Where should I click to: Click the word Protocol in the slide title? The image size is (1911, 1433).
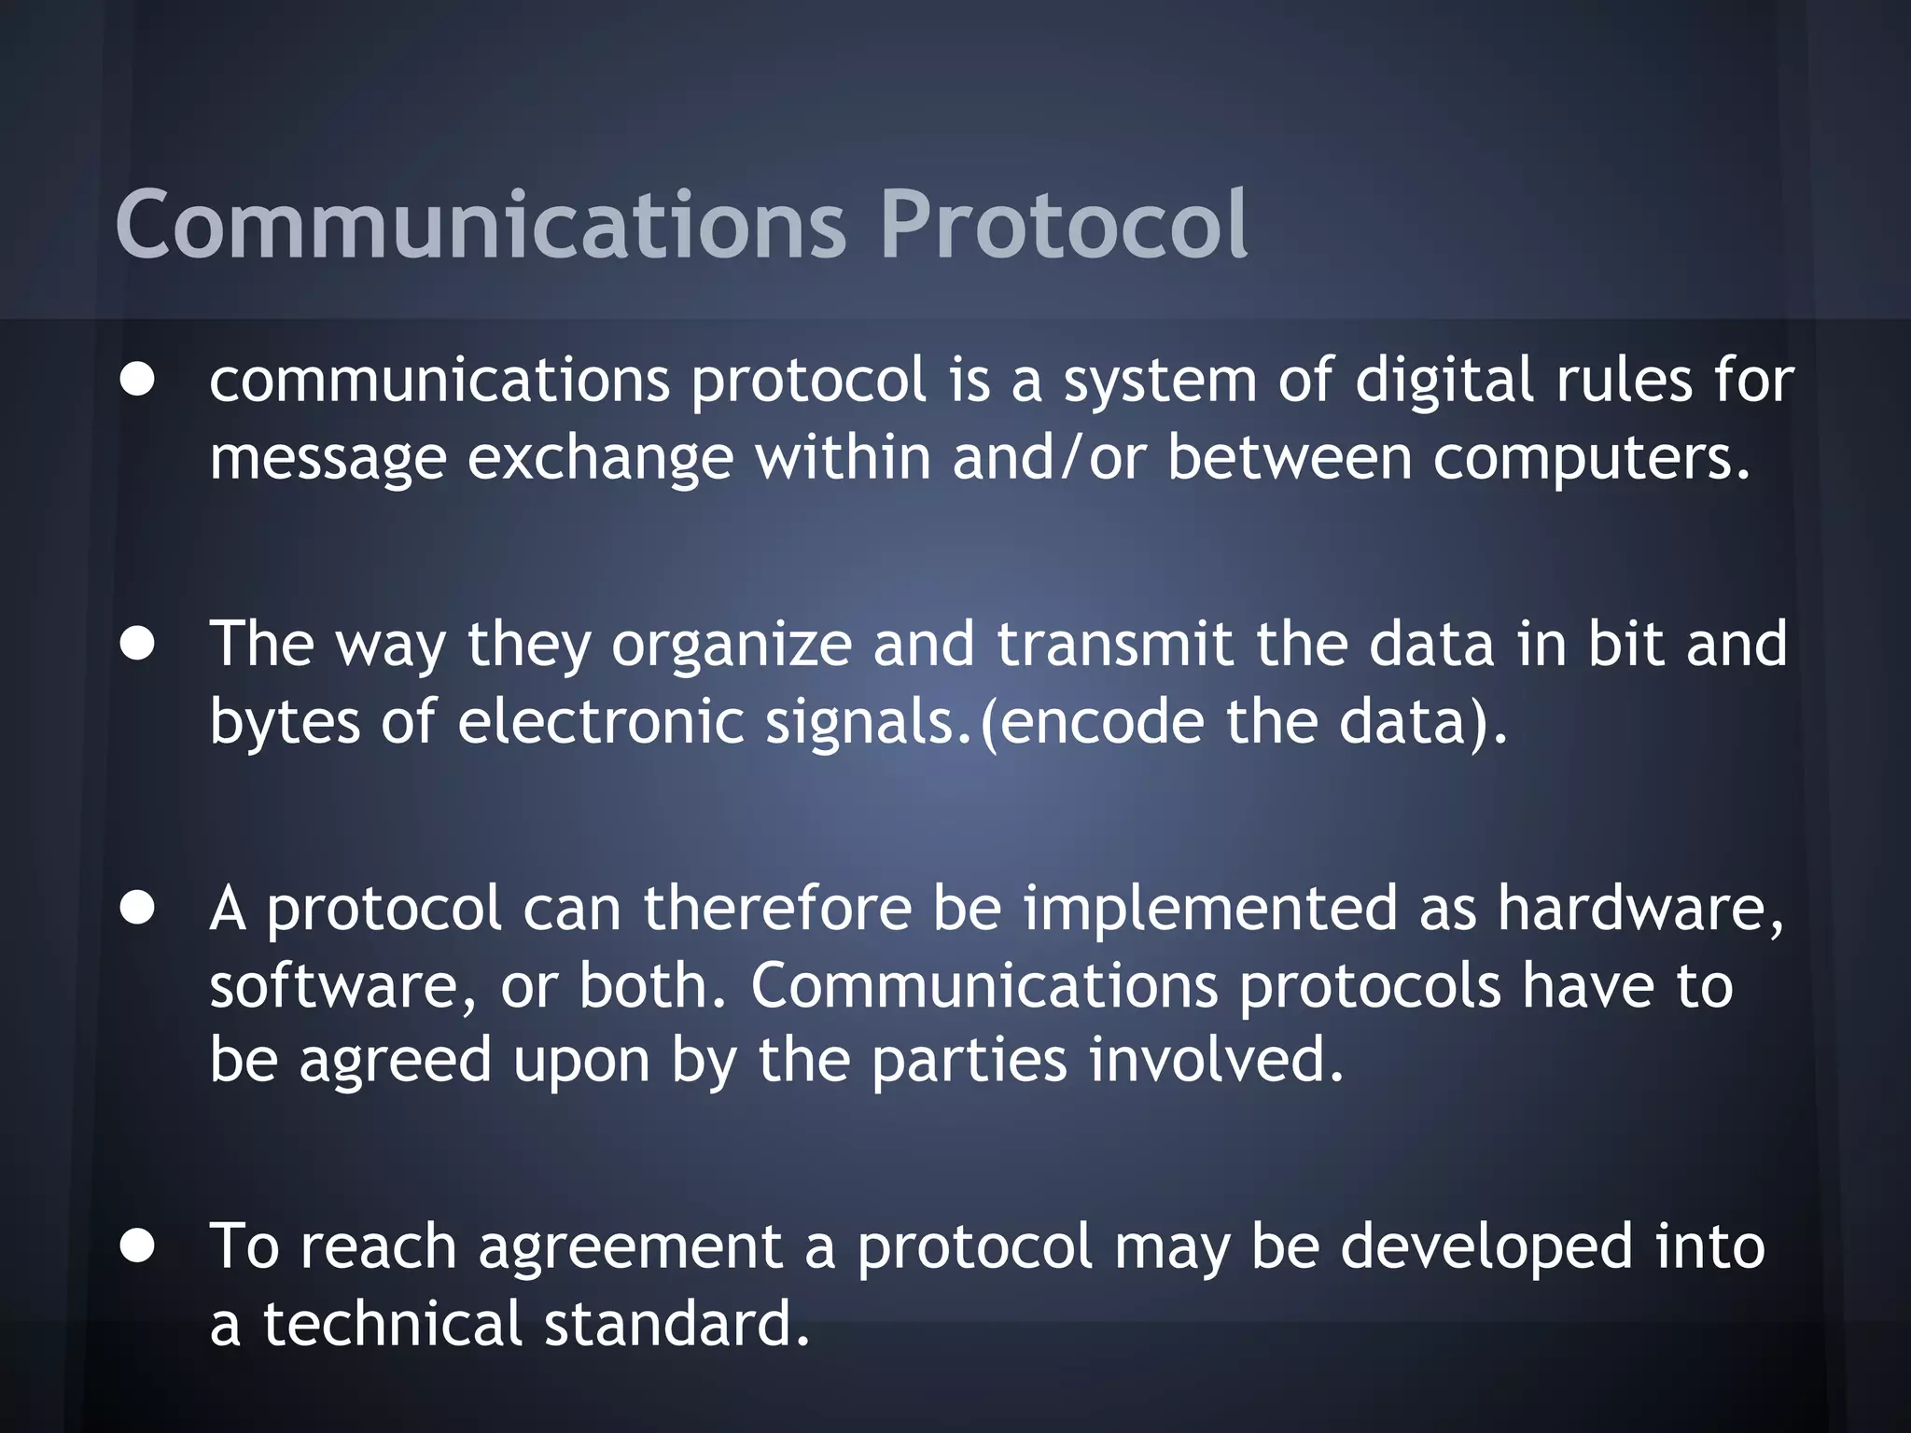pos(1063,225)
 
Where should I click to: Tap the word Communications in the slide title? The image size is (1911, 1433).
pos(481,225)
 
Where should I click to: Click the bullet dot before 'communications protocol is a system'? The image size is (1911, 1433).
pos(137,381)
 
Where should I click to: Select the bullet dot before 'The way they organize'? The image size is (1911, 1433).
pos(137,644)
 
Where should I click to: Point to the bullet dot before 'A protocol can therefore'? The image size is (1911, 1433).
pos(137,909)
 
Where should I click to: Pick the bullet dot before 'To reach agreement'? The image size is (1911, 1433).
pos(137,1246)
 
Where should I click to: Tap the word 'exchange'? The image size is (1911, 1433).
pos(600,459)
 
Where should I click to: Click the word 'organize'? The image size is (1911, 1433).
pos(732,646)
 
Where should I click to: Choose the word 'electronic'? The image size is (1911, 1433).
pos(600,722)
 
